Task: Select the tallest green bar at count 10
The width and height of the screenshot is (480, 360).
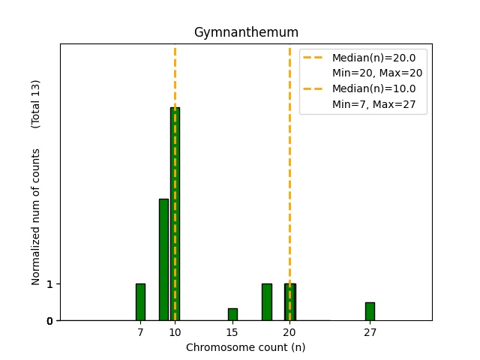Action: coord(175,214)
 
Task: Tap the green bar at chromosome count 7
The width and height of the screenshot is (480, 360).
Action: coord(140,301)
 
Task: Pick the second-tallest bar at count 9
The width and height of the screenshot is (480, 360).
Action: coord(163,259)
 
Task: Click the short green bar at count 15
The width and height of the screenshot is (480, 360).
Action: coord(232,314)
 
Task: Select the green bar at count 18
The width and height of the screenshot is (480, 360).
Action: coord(266,301)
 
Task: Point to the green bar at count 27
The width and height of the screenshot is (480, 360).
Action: coord(370,311)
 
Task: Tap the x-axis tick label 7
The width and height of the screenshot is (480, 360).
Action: coord(140,332)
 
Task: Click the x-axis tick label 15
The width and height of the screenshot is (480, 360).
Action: coord(232,332)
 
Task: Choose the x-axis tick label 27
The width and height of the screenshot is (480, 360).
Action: coord(370,332)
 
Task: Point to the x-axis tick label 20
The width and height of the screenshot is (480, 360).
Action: coord(289,332)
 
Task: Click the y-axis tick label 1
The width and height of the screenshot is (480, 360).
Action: coord(49,284)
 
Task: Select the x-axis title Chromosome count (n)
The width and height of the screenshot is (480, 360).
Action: coord(245,347)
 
